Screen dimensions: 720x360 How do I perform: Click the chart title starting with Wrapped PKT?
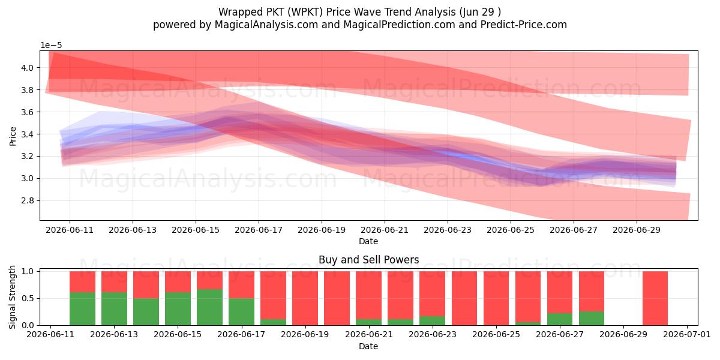359,12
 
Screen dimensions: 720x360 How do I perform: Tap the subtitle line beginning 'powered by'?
359,25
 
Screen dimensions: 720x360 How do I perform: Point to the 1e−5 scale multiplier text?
51,46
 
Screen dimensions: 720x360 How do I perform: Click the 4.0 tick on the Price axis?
28,68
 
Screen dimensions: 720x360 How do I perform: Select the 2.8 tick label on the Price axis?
28,200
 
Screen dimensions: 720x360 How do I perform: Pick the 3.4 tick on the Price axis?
28,134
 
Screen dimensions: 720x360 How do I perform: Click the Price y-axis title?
13,136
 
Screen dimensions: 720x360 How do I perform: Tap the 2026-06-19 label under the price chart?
322,230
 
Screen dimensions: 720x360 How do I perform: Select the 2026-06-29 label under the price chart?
637,230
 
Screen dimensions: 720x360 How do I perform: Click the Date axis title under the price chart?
368,241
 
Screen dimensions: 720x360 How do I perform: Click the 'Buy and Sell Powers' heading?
368,260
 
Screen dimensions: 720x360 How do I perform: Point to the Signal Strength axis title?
12,298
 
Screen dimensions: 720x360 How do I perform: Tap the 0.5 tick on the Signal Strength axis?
28,298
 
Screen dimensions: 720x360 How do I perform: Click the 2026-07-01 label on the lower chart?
687,335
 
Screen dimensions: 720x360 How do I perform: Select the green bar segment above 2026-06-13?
114,308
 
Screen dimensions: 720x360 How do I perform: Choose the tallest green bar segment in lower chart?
209,307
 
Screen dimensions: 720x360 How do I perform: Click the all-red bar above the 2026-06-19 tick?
305,298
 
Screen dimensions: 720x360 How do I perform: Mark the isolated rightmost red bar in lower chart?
655,298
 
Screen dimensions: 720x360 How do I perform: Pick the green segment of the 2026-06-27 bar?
560,319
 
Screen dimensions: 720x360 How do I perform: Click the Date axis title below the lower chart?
368,347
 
